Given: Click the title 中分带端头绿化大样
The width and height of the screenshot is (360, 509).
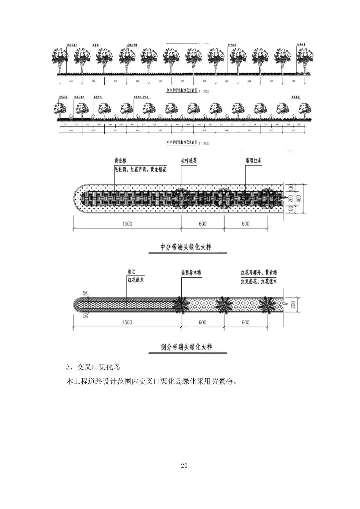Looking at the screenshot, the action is [x=186, y=247].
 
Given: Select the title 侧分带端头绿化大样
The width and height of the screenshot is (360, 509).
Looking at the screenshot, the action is [x=186, y=347].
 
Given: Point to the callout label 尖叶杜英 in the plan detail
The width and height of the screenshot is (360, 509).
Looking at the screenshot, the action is [x=189, y=161].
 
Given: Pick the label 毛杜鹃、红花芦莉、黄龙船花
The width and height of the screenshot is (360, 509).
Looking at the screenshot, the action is [x=140, y=170].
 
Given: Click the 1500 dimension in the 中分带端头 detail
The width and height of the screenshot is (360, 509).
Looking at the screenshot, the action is [x=127, y=224].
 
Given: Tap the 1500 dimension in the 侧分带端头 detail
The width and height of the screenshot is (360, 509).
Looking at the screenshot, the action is [x=127, y=322].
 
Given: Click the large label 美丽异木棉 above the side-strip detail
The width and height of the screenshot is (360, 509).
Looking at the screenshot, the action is [x=191, y=273].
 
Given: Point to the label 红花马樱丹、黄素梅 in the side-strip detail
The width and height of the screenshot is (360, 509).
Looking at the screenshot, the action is [x=259, y=273].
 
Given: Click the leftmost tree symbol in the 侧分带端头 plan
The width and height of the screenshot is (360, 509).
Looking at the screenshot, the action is [x=181, y=304].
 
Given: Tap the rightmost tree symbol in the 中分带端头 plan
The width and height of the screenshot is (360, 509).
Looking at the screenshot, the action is [x=269, y=199].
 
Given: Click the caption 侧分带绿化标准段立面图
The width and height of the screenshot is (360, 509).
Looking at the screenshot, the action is [x=182, y=90].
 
